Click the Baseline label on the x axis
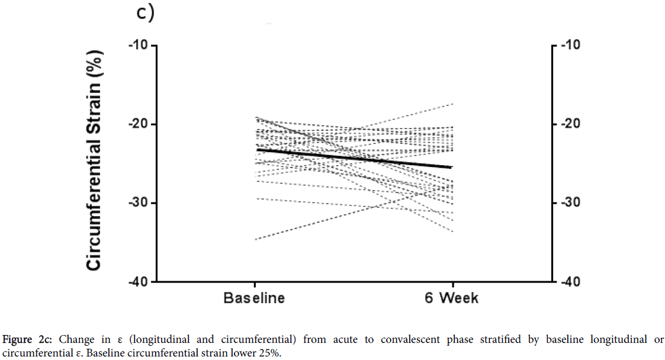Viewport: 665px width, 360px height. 254,298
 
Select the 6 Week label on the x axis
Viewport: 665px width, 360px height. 452,298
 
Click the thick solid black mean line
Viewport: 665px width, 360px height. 355,159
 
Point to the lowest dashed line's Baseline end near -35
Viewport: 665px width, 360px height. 255,239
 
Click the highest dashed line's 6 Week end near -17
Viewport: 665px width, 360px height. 452,104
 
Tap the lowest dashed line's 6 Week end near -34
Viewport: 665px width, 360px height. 452,231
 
